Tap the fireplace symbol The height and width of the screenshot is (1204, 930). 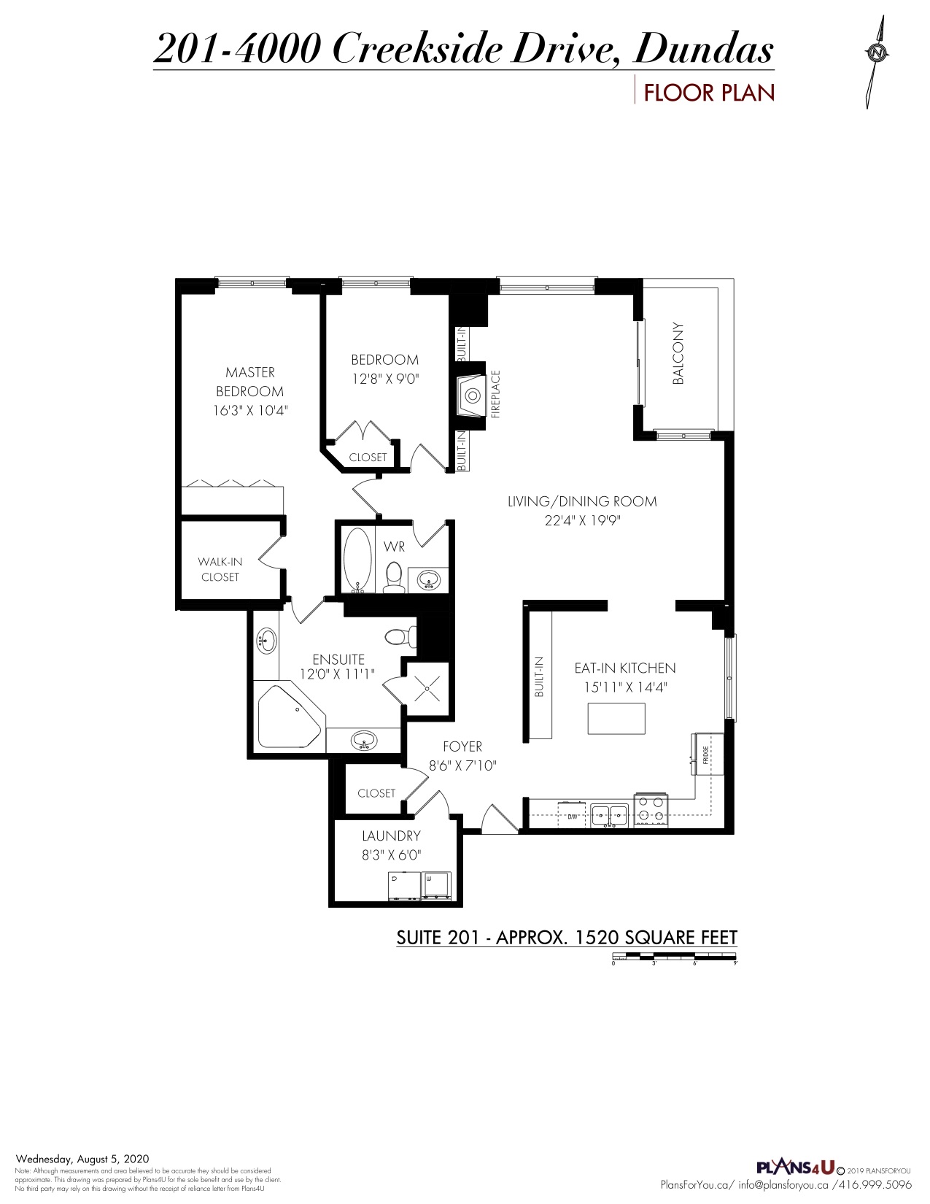point(472,395)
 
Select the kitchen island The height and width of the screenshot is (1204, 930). point(616,719)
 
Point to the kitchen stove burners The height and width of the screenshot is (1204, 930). point(651,809)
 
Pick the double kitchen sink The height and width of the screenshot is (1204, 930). point(610,813)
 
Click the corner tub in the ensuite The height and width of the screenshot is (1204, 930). point(288,717)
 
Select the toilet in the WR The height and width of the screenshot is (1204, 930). point(394,575)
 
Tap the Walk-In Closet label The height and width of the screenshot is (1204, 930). point(220,569)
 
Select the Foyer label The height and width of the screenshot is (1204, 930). point(462,746)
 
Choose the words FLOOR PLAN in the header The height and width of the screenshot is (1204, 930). point(708,93)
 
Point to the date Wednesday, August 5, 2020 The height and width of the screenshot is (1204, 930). point(82,1159)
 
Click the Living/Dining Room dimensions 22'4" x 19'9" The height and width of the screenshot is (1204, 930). point(582,521)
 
